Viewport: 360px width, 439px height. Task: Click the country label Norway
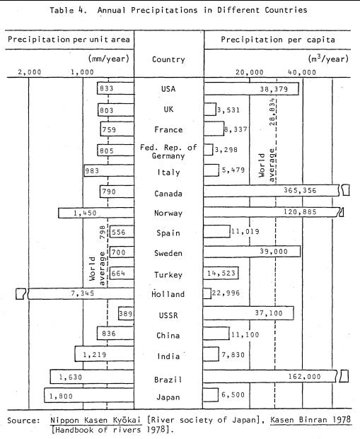(x=168, y=213)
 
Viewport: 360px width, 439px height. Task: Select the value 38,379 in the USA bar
(x=274, y=89)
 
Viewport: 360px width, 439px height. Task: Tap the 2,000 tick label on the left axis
(x=30, y=72)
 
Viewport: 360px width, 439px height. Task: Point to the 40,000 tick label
(x=302, y=72)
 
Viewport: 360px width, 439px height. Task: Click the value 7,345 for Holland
(x=82, y=293)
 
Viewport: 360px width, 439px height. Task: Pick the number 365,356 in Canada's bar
(x=300, y=190)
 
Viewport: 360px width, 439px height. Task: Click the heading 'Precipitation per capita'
(x=278, y=40)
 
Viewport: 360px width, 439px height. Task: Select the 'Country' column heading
(x=168, y=59)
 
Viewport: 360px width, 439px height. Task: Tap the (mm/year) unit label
(x=108, y=59)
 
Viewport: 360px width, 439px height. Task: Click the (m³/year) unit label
(x=328, y=59)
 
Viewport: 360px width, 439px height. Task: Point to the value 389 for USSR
(x=125, y=314)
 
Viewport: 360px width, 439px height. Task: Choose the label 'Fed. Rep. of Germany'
(x=168, y=151)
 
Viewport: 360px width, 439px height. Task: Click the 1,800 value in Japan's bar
(x=61, y=396)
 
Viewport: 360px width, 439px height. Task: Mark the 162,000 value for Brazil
(x=304, y=377)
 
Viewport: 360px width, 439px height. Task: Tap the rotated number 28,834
(x=272, y=112)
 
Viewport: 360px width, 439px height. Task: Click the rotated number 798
(x=103, y=232)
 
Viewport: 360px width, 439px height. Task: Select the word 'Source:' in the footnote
(x=24, y=420)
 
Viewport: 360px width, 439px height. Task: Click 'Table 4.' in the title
(x=68, y=10)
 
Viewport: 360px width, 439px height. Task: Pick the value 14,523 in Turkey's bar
(x=221, y=273)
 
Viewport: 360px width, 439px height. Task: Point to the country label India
(x=168, y=356)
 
